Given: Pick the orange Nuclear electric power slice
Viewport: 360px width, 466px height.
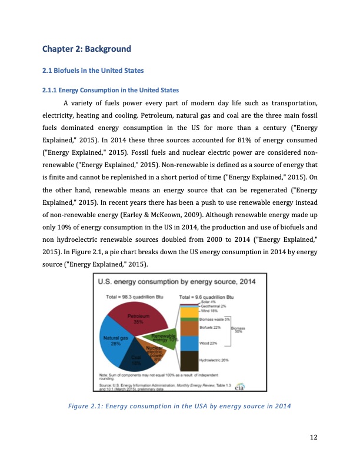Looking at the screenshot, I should click(155, 354).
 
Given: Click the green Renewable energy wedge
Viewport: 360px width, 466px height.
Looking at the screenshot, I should click(163, 337).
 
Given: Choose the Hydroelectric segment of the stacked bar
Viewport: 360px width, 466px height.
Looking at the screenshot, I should click(189, 360).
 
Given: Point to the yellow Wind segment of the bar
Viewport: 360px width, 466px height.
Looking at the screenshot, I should click(189, 312).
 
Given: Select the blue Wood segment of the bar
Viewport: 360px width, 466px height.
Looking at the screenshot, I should click(189, 343).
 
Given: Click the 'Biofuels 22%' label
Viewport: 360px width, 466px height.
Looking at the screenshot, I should click(210, 327).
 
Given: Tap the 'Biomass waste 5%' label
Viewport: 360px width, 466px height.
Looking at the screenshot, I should click(215, 319).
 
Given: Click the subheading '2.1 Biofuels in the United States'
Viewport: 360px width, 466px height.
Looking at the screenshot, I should click(93, 71).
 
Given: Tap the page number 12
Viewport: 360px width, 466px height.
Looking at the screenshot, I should click(313, 435).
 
